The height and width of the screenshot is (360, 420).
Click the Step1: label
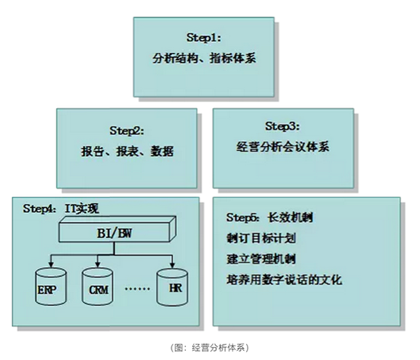pyautogui.click(x=204, y=37)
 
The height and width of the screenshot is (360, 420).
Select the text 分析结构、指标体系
pyautogui.click(x=204, y=58)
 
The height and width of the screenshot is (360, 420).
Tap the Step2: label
pyautogui.click(x=127, y=130)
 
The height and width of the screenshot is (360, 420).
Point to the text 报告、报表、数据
pyautogui.click(x=127, y=151)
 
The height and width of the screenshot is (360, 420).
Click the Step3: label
pyautogui.click(x=283, y=126)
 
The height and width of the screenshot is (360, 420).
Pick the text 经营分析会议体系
pyautogui.click(x=283, y=147)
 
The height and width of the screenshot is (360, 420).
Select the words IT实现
pyautogui.click(x=82, y=208)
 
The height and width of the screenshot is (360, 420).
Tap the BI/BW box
pyautogui.click(x=117, y=230)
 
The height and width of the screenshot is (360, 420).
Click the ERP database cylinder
pyautogui.click(x=51, y=286)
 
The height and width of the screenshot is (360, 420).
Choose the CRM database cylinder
pyautogui.click(x=97, y=286)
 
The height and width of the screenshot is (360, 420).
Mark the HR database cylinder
pyautogui.click(x=172, y=287)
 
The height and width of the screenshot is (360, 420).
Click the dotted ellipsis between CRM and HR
pyautogui.click(x=137, y=289)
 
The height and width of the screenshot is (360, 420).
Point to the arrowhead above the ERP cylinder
pyautogui.click(x=51, y=265)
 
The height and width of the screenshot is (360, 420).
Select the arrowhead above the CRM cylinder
pyautogui.click(x=97, y=265)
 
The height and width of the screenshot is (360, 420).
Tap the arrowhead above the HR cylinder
pyautogui.click(x=172, y=265)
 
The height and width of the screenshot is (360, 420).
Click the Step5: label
pyautogui.click(x=243, y=217)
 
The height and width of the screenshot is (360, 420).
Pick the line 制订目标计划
pyautogui.click(x=261, y=238)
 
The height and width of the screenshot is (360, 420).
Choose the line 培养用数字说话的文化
pyautogui.click(x=284, y=280)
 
